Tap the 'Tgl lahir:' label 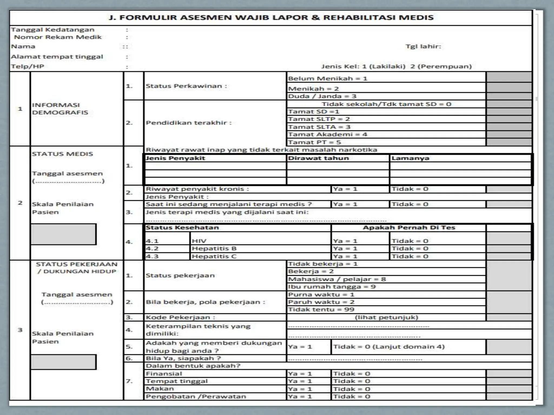423,46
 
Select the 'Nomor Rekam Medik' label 58,37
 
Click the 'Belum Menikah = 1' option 328,79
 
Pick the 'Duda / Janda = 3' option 322,96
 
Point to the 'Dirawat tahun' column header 318,158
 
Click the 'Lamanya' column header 410,158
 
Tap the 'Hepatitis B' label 214,249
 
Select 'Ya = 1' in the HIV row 345,241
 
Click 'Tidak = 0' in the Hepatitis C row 410,256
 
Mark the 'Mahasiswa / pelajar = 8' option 337,279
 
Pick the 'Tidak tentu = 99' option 321,310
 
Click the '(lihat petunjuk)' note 386,317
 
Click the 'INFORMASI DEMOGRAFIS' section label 60,109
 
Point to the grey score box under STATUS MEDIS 63,234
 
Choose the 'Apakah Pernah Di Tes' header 409,228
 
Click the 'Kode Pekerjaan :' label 180,317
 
